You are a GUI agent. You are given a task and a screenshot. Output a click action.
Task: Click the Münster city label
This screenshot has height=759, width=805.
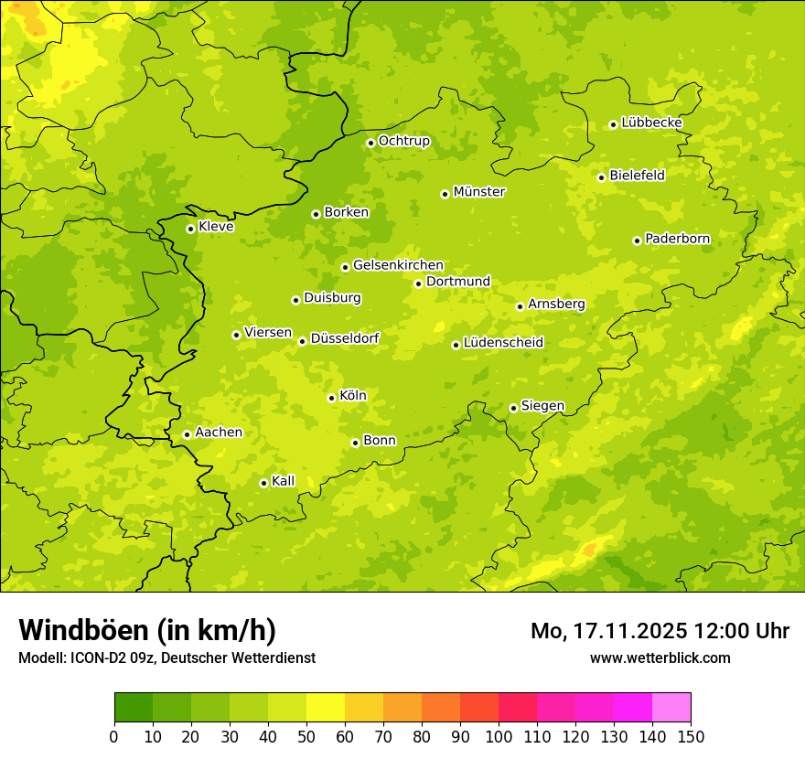click(478, 192)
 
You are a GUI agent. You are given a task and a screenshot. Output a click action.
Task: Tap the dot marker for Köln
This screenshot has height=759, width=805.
click(331, 398)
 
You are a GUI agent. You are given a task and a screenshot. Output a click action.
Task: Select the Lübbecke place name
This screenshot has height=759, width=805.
click(651, 123)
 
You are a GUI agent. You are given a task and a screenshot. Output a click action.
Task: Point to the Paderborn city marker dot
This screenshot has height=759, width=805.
click(637, 241)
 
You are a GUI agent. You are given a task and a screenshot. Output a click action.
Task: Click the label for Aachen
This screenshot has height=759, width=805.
click(219, 433)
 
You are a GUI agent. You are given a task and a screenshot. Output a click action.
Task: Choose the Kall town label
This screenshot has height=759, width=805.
click(283, 481)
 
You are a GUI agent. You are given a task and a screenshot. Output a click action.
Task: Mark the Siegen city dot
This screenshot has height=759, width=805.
click(513, 408)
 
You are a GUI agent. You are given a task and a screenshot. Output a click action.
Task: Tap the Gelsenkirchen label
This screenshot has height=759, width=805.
click(398, 265)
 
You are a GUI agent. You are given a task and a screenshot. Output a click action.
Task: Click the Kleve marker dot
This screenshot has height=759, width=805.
click(190, 229)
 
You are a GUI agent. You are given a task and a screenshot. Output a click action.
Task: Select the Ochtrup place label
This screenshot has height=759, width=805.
click(403, 141)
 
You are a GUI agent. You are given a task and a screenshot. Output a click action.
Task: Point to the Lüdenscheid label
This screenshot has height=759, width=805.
click(503, 343)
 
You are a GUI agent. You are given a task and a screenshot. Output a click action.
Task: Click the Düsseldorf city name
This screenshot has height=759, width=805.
click(344, 338)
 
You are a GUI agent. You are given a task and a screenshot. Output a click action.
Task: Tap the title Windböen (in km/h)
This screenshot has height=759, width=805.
click(147, 630)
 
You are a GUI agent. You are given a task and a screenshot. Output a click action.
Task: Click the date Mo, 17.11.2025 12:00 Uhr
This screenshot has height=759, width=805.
click(660, 631)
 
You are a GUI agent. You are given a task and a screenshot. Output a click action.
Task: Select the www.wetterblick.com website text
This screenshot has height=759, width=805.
click(660, 657)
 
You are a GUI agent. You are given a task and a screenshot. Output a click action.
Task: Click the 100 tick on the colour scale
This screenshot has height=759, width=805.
click(499, 736)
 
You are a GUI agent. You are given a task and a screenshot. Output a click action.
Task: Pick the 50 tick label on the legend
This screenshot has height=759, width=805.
click(306, 736)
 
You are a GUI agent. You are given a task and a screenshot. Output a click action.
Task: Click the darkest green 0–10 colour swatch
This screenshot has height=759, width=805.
click(134, 707)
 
